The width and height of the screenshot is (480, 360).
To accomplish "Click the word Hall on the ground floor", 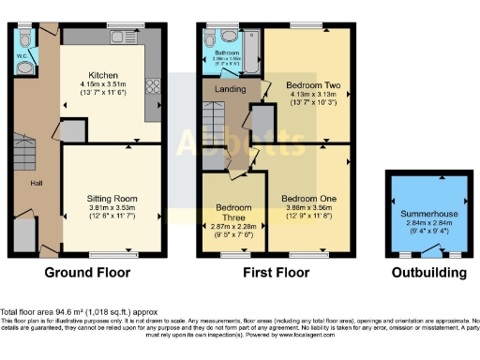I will point(37,183).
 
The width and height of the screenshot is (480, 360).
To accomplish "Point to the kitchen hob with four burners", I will point(152,95).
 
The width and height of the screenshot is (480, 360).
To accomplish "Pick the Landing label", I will point(231,90).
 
